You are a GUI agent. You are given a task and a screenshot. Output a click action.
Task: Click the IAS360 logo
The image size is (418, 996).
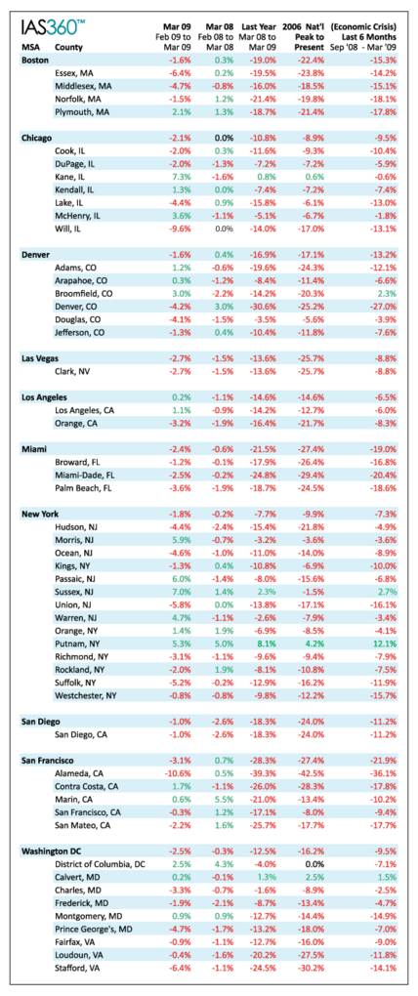pyautogui.click(x=53, y=27)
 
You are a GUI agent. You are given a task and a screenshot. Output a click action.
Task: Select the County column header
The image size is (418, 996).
pyautogui.click(x=68, y=46)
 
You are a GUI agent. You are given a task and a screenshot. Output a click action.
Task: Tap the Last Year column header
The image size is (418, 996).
pyautogui.click(x=258, y=26)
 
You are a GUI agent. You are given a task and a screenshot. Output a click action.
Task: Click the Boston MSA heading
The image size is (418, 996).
pyautogui.click(x=35, y=59)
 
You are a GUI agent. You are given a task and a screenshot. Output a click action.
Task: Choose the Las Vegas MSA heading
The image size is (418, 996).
pyautogui.click(x=41, y=359)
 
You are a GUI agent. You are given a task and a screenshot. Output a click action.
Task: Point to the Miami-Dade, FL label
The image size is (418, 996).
pyautogui.click(x=86, y=476)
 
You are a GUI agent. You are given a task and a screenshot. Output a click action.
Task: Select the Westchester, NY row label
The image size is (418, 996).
pyautogui.click(x=86, y=694)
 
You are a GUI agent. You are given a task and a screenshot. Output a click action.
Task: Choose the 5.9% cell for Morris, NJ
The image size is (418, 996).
pyautogui.click(x=182, y=539)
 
